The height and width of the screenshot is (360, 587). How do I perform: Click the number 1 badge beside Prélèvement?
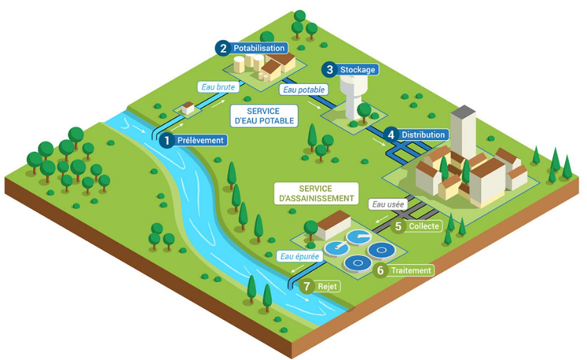point(166,141)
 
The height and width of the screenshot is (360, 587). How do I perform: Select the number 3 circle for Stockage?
point(329,69)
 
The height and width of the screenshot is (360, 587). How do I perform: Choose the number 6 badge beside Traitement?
point(381,270)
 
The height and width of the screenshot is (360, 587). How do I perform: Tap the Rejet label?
point(326,287)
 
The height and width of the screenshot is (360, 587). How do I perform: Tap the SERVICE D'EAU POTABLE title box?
point(263,116)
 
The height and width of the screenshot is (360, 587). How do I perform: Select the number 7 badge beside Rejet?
point(306,287)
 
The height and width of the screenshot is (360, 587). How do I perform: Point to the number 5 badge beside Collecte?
point(398,226)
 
